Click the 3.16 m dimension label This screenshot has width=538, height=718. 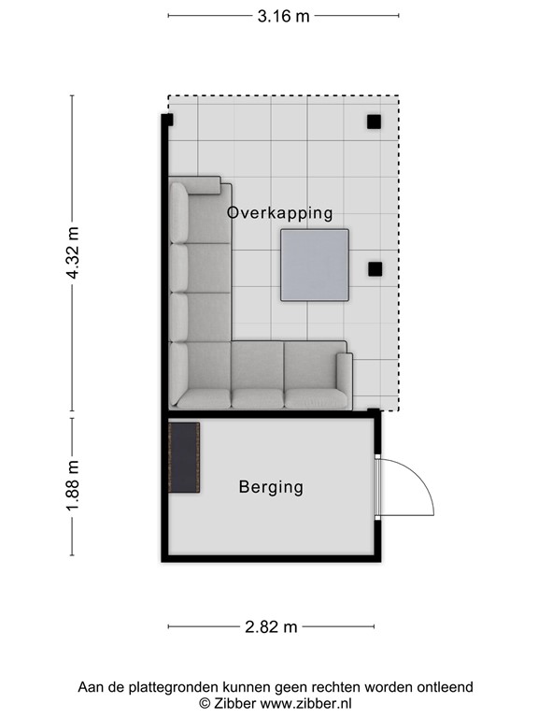(283, 16)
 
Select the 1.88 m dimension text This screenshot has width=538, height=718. (74, 485)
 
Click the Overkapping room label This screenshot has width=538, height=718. (279, 213)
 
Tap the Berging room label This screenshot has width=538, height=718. (271, 487)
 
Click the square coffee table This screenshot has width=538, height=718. (315, 266)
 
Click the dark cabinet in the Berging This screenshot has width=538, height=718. (184, 457)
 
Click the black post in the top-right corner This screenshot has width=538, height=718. (373, 122)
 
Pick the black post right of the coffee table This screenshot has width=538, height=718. (375, 269)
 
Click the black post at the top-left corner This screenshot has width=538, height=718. (168, 120)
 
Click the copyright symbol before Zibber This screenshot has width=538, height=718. (205, 702)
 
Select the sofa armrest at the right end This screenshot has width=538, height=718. (344, 380)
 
